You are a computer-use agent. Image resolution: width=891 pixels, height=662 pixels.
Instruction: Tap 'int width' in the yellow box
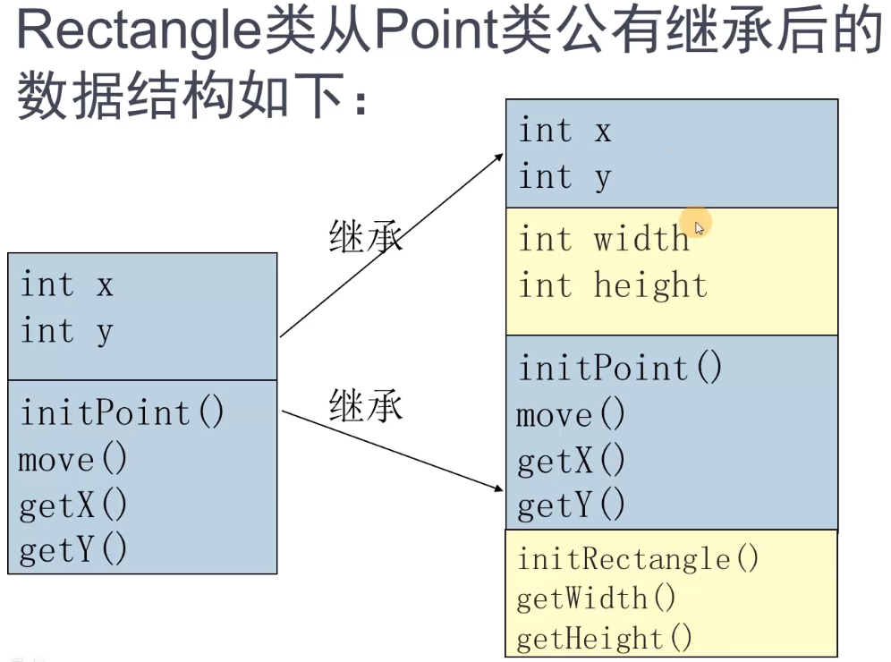[x=604, y=240]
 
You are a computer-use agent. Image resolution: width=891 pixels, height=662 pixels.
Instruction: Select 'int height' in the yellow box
[x=613, y=285]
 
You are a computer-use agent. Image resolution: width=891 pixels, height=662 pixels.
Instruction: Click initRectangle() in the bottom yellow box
[x=638, y=559]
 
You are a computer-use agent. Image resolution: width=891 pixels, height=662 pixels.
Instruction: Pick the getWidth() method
[x=596, y=598]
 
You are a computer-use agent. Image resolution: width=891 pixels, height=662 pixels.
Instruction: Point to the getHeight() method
[x=605, y=638]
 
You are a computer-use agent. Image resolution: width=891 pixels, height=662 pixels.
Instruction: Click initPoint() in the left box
[x=123, y=412]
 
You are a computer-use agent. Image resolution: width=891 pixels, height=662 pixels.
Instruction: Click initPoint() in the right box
[x=620, y=368]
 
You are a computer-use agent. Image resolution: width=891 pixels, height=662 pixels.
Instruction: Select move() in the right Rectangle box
[x=571, y=415]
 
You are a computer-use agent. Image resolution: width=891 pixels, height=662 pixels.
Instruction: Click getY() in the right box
[x=571, y=506]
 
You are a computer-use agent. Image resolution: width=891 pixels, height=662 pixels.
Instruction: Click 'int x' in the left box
[x=66, y=285]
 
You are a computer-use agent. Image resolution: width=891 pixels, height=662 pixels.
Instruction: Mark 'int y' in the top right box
[x=564, y=177]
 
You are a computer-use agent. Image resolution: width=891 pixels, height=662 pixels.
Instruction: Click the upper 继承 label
[x=366, y=238]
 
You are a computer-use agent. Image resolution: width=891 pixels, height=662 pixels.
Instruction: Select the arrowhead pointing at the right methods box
[x=497, y=488]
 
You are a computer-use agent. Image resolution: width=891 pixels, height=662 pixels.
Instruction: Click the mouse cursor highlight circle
[x=697, y=224]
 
